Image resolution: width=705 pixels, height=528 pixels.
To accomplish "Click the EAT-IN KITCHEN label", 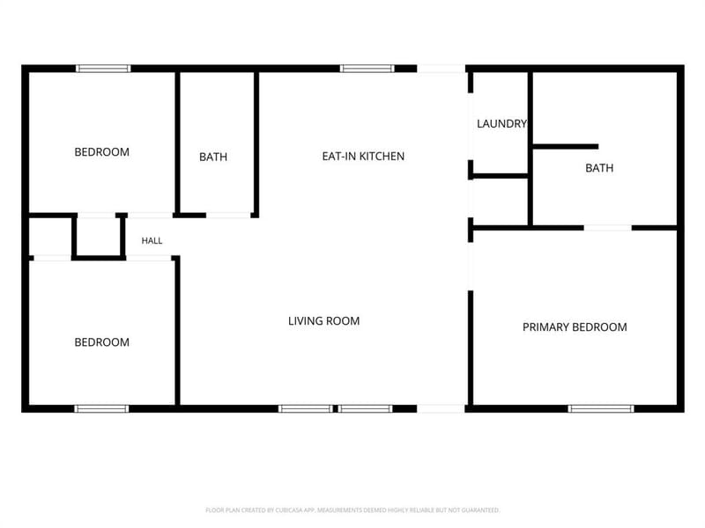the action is [363, 157].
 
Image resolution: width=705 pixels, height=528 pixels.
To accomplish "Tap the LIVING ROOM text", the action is [323, 321].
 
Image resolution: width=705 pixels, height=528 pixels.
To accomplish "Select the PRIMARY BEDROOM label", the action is [575, 327].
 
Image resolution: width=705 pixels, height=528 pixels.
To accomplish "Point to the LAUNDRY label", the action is [501, 124].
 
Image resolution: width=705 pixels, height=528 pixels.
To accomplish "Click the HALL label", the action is [152, 241].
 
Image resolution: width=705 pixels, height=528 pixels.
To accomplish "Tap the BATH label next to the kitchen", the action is [213, 158].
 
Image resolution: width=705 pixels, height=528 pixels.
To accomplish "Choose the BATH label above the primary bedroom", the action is [599, 168].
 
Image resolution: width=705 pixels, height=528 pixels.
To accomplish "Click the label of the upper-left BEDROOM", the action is [101, 152].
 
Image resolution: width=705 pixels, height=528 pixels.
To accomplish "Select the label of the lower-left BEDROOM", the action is [101, 342].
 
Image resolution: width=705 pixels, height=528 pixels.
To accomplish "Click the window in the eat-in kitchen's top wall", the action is [367, 69].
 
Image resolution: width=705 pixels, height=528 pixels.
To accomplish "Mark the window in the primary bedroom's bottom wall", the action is [601, 408].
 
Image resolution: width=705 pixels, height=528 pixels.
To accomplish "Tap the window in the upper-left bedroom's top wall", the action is [103, 69].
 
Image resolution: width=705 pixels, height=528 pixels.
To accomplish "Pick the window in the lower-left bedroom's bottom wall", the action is [101, 408].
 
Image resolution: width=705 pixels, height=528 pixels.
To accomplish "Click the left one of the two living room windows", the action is [306, 408].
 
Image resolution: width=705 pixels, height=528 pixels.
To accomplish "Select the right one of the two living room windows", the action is [366, 408].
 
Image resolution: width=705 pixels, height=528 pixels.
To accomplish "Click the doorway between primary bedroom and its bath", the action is [608, 228].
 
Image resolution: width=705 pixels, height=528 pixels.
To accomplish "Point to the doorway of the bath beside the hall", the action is [228, 216].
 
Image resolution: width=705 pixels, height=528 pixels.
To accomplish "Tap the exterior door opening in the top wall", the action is [442, 69].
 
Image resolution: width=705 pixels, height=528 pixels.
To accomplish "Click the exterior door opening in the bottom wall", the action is [442, 408].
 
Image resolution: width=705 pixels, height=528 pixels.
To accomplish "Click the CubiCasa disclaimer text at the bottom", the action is [352, 510].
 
